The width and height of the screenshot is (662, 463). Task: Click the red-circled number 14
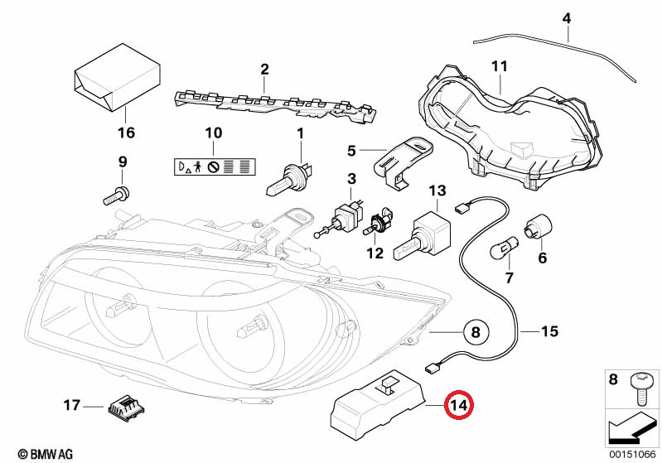pyautogui.click(x=459, y=405)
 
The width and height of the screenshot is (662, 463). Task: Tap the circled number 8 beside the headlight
pyautogui.click(x=476, y=332)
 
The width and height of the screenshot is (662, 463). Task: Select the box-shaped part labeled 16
pyautogui.click(x=117, y=77)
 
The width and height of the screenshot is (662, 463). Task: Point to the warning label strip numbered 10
pyautogui.click(x=215, y=167)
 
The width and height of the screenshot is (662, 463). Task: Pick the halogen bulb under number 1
pyautogui.click(x=291, y=178)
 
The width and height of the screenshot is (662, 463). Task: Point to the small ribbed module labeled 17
pyautogui.click(x=126, y=407)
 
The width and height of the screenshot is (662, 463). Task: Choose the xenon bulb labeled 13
pyautogui.click(x=423, y=235)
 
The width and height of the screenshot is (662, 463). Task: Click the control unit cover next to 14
pyautogui.click(x=377, y=403)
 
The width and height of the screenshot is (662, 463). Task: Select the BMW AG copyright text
pyautogui.click(x=46, y=454)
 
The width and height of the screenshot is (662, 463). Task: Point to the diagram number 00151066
pyautogui.click(x=632, y=454)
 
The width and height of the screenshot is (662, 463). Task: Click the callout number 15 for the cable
pyautogui.click(x=549, y=331)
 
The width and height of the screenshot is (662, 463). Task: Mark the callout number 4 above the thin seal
pyautogui.click(x=567, y=18)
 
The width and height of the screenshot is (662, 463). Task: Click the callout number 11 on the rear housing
pyautogui.click(x=499, y=66)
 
